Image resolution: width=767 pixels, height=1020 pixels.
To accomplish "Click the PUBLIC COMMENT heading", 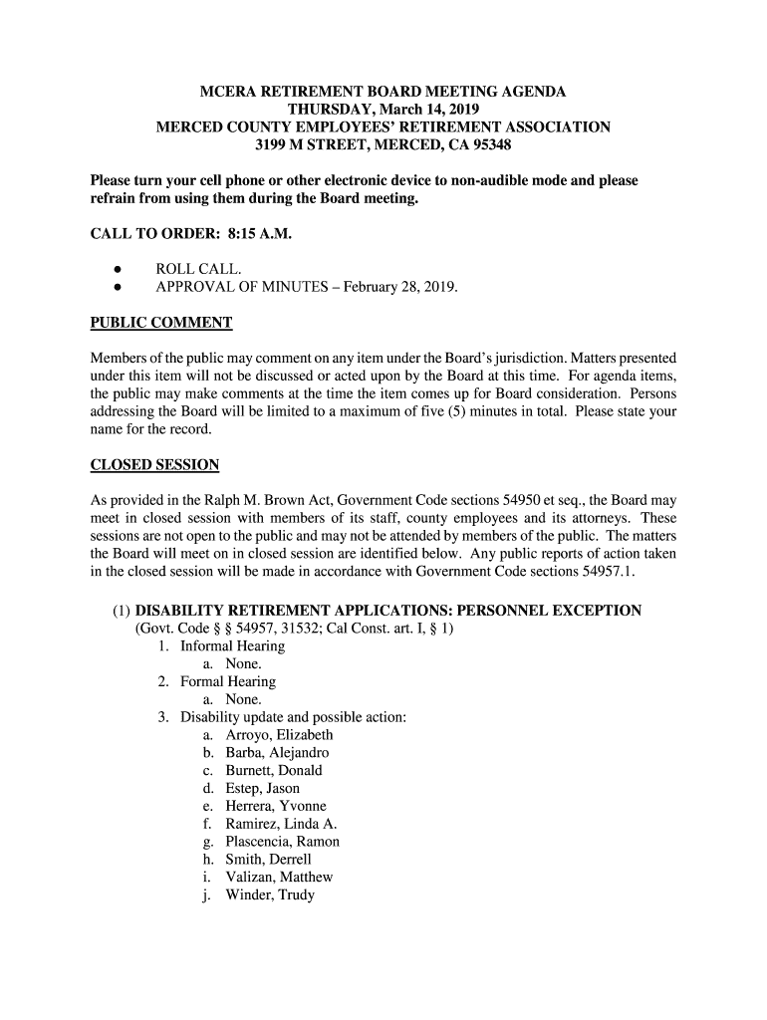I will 161,323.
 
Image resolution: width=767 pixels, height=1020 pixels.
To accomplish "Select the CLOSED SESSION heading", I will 154,465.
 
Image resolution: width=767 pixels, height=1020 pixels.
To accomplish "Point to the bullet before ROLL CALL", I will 118,270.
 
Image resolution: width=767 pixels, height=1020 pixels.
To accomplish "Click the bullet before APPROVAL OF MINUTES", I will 118,288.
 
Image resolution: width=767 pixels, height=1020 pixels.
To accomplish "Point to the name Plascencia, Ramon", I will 282,843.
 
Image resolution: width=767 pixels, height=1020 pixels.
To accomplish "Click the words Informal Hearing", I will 232,646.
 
